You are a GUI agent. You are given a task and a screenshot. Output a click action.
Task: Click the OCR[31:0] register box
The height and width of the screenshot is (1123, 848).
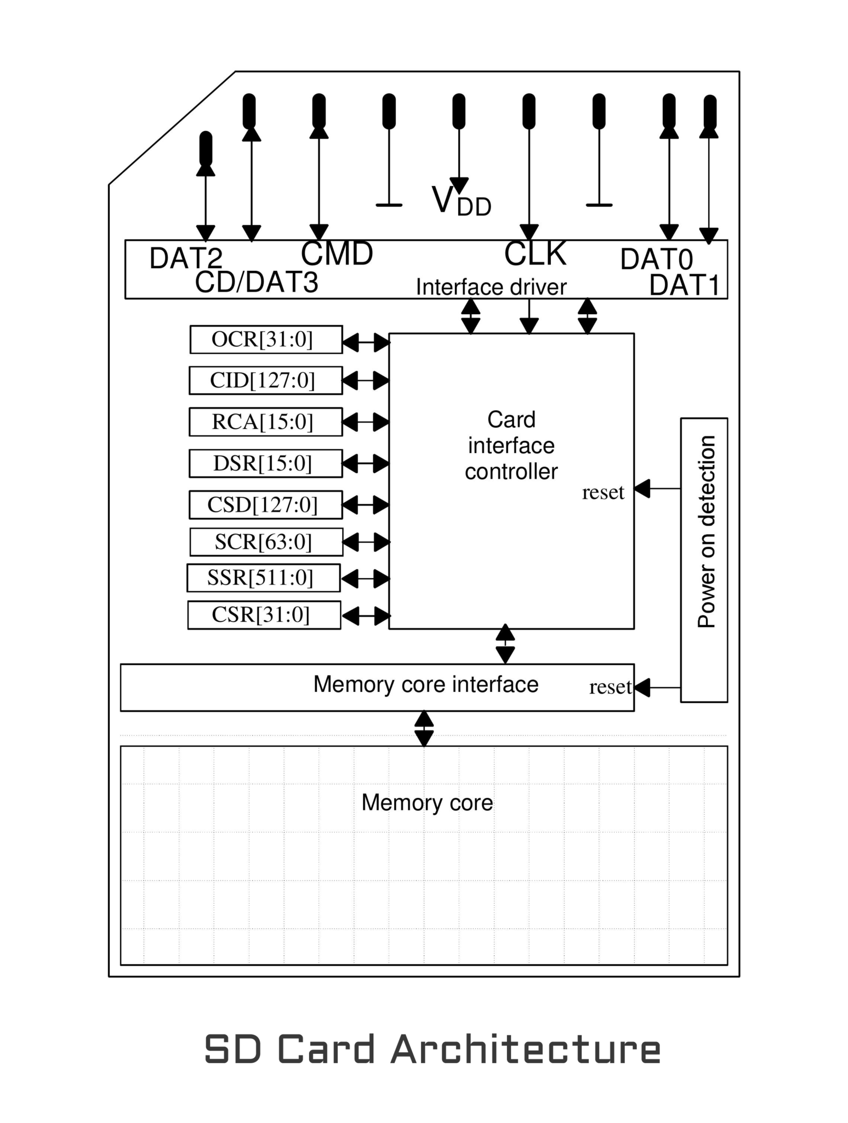click(266, 339)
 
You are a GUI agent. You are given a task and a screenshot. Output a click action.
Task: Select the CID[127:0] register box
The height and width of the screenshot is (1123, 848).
click(265, 381)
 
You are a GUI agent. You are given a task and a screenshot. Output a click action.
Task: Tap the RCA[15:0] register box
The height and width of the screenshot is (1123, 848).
click(265, 422)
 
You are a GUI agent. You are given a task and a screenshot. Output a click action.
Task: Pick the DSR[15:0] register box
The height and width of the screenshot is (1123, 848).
click(265, 463)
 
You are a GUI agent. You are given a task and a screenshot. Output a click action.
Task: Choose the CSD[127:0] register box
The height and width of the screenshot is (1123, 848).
click(265, 504)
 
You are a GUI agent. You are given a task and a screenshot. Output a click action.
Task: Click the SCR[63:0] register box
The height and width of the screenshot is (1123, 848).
click(266, 542)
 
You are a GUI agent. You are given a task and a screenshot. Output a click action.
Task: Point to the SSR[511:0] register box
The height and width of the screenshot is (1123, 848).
click(263, 578)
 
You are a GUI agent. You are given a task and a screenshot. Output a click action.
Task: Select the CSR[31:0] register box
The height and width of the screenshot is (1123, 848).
click(264, 615)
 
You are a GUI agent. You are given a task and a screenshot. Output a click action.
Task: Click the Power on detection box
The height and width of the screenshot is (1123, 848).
click(704, 560)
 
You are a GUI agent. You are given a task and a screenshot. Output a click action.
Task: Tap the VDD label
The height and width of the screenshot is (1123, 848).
click(461, 201)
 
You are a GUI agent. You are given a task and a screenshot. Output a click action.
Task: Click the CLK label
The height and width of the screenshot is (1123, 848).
click(535, 254)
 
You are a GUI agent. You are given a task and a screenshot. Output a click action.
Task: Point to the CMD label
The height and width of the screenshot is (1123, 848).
click(337, 254)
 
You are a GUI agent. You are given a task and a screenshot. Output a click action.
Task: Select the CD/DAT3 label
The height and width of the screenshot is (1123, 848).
click(256, 283)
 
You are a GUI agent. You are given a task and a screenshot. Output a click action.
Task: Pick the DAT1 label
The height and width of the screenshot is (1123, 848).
click(684, 285)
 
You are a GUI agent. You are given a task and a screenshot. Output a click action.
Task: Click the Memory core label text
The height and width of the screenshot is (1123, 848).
click(427, 803)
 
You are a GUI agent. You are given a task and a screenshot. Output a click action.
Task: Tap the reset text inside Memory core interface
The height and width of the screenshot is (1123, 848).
click(610, 687)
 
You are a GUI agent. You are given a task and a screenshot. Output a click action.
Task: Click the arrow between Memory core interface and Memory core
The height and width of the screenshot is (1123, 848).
click(424, 729)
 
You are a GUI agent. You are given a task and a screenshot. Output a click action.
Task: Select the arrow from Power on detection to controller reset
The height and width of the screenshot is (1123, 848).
click(657, 488)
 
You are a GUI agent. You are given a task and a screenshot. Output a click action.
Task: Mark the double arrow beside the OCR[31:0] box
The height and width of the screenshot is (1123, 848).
click(366, 343)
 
